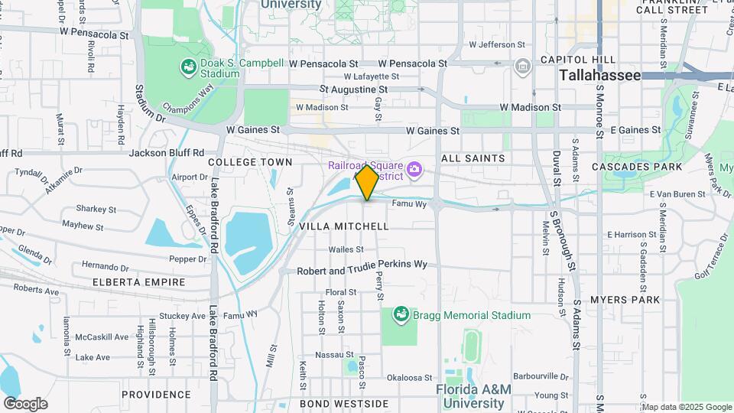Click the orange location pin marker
(x=367, y=182)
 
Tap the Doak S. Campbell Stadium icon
(x=187, y=68)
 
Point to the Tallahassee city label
(x=599, y=75)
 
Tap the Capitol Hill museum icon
(x=523, y=66)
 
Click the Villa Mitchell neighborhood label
(x=343, y=226)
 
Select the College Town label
(x=250, y=162)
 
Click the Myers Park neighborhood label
(x=625, y=299)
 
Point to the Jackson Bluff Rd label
(x=167, y=152)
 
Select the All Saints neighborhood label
(x=473, y=158)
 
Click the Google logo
(x=25, y=403)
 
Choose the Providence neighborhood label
(x=156, y=394)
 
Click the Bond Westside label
(x=343, y=403)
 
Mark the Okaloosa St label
(x=410, y=377)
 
